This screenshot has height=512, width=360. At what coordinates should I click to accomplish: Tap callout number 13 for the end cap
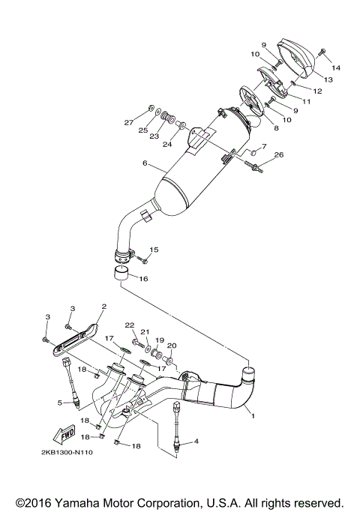tap(328, 79)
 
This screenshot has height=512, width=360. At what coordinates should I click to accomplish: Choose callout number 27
tap(128, 122)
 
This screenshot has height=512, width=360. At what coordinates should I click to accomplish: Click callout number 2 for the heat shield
tap(103, 306)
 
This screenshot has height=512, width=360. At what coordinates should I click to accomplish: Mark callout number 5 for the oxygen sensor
tap(59, 403)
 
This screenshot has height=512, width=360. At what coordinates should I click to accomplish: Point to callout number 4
tap(196, 442)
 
